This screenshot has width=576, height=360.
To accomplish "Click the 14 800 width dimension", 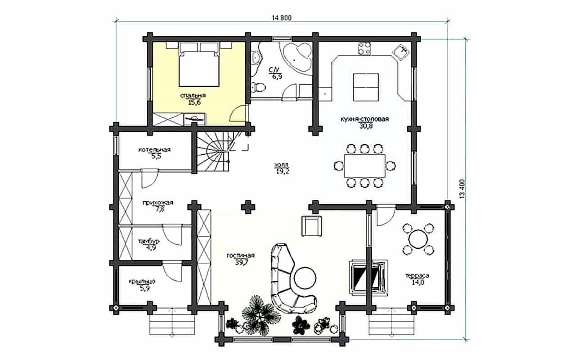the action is (282, 18).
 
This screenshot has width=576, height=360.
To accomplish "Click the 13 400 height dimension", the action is (462, 189).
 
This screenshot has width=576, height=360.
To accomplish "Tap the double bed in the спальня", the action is (199, 65).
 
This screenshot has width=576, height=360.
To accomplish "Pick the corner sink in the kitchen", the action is (400, 52).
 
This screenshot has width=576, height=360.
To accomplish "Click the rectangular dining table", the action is (364, 166).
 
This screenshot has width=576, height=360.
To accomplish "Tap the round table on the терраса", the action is (418, 239).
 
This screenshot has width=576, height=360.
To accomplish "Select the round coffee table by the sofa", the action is (305, 278).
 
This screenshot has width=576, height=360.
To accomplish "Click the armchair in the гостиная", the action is (312, 226).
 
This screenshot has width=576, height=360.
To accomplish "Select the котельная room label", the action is (154, 149).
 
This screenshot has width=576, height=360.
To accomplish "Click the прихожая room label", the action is (158, 202).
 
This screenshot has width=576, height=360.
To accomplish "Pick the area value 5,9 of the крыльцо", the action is (145, 288).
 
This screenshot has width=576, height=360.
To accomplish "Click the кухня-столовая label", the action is (364, 119).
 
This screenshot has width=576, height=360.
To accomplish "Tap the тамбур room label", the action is (149, 242).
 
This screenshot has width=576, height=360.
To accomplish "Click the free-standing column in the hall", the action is (248, 207).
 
